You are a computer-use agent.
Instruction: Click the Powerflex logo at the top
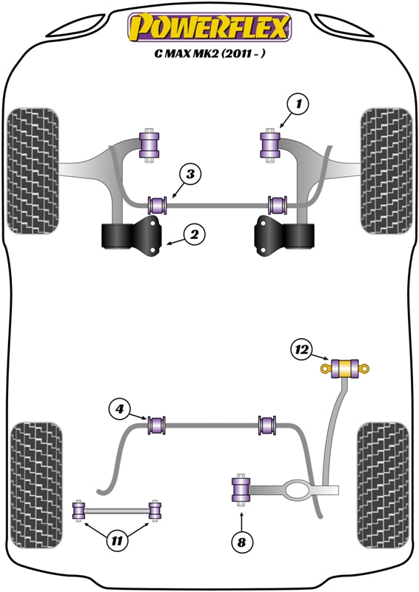click(209, 27)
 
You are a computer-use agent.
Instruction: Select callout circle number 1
click(298, 106)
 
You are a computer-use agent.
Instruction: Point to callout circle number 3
click(191, 175)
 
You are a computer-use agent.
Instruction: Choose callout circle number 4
click(120, 407)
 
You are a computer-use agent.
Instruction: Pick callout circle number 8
click(241, 543)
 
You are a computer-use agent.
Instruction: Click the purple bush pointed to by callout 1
click(269, 144)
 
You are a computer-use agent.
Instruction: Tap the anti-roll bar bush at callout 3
click(157, 203)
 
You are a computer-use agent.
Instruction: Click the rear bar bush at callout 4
click(157, 425)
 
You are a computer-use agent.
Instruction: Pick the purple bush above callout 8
click(241, 491)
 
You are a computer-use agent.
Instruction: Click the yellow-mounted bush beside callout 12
click(345, 368)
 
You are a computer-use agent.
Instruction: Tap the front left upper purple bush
click(150, 144)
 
